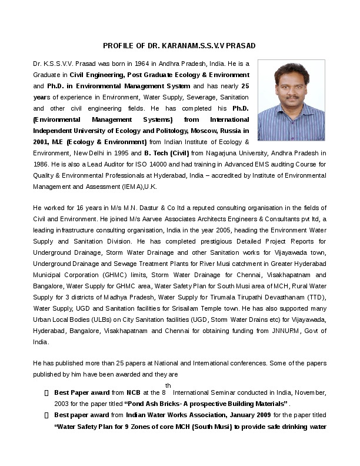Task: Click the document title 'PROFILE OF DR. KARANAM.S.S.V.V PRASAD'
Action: pyautogui.click(x=179, y=45)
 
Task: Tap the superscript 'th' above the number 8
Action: pyautogui.click(x=168, y=385)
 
